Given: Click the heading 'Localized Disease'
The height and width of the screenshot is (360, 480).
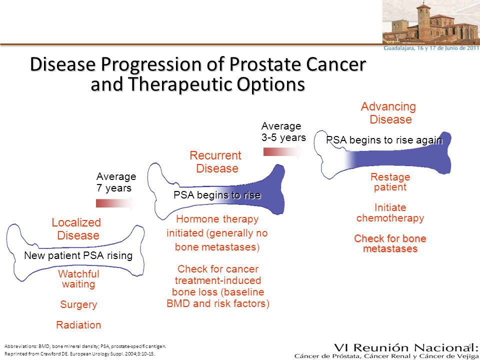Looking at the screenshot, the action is click(x=76, y=229).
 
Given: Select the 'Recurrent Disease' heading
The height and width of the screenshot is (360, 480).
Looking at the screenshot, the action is click(x=216, y=162).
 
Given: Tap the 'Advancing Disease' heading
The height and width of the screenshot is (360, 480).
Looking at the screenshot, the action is click(x=388, y=113).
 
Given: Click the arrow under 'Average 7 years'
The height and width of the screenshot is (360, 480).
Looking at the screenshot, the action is click(x=116, y=203).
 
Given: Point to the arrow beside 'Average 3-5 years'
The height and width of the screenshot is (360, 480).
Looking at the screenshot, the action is click(x=283, y=152).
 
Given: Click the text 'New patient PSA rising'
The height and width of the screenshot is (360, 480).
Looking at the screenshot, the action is click(x=78, y=255).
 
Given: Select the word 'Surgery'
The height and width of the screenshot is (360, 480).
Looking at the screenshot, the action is click(x=78, y=304).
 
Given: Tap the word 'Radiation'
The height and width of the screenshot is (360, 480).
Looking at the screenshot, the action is click(x=78, y=325).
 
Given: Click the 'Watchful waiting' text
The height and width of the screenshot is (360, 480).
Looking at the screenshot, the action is click(x=78, y=279).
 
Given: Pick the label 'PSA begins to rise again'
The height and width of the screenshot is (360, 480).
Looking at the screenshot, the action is click(x=384, y=140).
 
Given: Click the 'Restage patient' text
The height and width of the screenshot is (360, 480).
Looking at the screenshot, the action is click(x=390, y=182).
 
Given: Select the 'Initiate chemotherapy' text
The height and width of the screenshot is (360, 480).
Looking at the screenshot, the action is click(x=390, y=213).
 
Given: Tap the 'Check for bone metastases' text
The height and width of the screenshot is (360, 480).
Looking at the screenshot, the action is click(x=390, y=243).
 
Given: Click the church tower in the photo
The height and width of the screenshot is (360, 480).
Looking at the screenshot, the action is click(x=423, y=22).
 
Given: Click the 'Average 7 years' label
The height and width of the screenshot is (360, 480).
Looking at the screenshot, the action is click(x=116, y=182).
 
